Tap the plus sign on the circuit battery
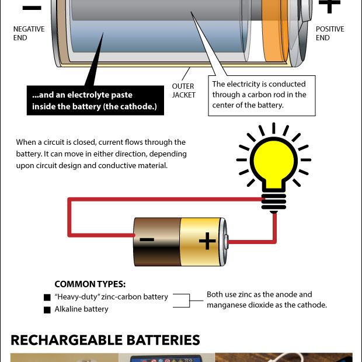click(x=207, y=241)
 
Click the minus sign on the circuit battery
click(x=147, y=239)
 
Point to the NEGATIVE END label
click(x=29, y=33)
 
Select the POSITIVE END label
click(x=330, y=33)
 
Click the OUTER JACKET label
click(x=183, y=90)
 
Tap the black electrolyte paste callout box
click(x=95, y=100)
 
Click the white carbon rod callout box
click(x=262, y=96)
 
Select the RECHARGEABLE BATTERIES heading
click(x=105, y=340)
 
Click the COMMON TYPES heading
click(x=90, y=284)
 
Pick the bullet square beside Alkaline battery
click(x=47, y=310)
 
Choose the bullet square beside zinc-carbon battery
click(x=47, y=297)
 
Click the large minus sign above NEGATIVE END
click(x=32, y=8)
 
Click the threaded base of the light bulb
click(x=274, y=202)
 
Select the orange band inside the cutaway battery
click(x=275, y=31)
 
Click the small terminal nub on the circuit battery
click(x=227, y=242)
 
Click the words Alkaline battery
click(x=81, y=309)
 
